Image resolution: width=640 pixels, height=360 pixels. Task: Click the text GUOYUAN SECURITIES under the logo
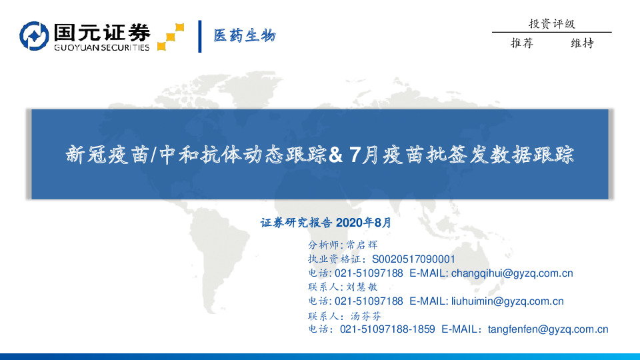tap(101, 47)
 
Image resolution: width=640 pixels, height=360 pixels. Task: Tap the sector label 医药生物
tap(244, 36)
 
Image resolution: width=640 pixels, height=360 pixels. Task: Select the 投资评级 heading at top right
tap(551, 23)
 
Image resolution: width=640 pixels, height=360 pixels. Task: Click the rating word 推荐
tap(521, 43)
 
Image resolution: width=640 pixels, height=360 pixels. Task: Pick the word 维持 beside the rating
tap(582, 43)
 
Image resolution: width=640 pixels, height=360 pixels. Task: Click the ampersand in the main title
tap(336, 155)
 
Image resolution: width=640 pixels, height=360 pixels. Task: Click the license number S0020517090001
tap(413, 259)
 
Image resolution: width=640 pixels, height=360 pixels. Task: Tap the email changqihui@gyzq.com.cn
tap(512, 273)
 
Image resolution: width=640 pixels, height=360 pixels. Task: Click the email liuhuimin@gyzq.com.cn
tap(507, 301)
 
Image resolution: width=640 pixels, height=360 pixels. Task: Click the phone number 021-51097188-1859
tap(387, 329)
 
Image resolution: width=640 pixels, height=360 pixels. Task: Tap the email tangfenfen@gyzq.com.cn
tap(548, 329)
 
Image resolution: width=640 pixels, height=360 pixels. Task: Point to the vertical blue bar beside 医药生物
tap(200, 36)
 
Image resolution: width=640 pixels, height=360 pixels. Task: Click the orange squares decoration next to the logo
tap(170, 37)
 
